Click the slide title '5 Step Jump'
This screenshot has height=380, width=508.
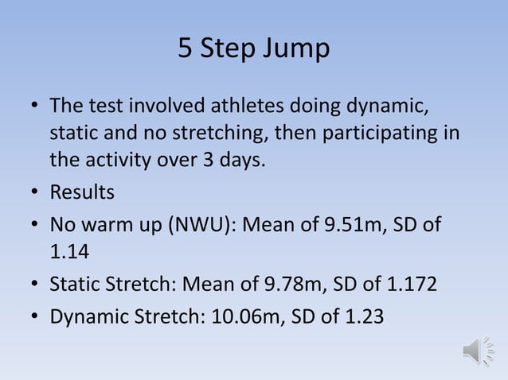[x=253, y=49]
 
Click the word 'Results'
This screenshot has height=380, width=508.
[x=82, y=193]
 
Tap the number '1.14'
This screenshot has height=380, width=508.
[x=70, y=254]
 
